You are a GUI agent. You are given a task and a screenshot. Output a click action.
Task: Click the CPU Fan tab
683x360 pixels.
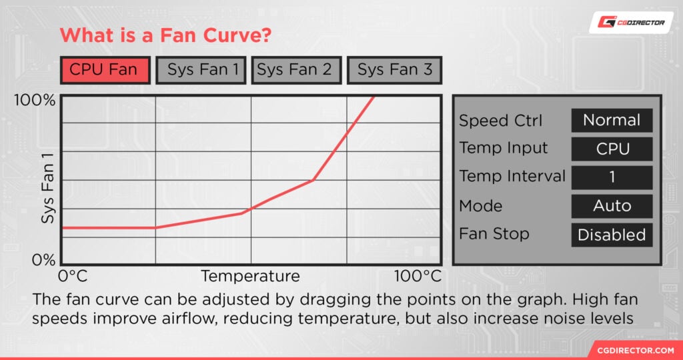[103, 69]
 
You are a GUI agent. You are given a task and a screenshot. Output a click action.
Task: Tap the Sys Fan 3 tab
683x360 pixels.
[394, 69]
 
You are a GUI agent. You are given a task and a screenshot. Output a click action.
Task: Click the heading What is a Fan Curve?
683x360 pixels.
[165, 35]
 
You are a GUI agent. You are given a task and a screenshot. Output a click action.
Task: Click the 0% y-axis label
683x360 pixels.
[43, 260]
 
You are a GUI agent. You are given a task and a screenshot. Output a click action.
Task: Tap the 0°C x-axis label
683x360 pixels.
[73, 276]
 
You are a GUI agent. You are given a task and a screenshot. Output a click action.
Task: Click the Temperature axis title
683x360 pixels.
[250, 276]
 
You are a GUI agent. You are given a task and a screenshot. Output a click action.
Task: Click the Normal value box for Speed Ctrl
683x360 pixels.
[612, 121]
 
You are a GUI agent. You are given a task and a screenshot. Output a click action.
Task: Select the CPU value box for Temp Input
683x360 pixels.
[612, 149]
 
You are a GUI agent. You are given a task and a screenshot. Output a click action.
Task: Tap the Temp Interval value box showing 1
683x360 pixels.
[612, 177]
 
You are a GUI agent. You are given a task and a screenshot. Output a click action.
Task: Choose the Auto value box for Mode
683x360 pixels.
[612, 206]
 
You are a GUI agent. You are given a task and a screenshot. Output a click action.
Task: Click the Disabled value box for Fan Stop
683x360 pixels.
[612, 235]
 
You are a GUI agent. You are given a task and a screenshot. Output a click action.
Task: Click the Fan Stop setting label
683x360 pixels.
[494, 234]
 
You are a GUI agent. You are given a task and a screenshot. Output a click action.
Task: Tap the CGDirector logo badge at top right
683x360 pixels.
[626, 22]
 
